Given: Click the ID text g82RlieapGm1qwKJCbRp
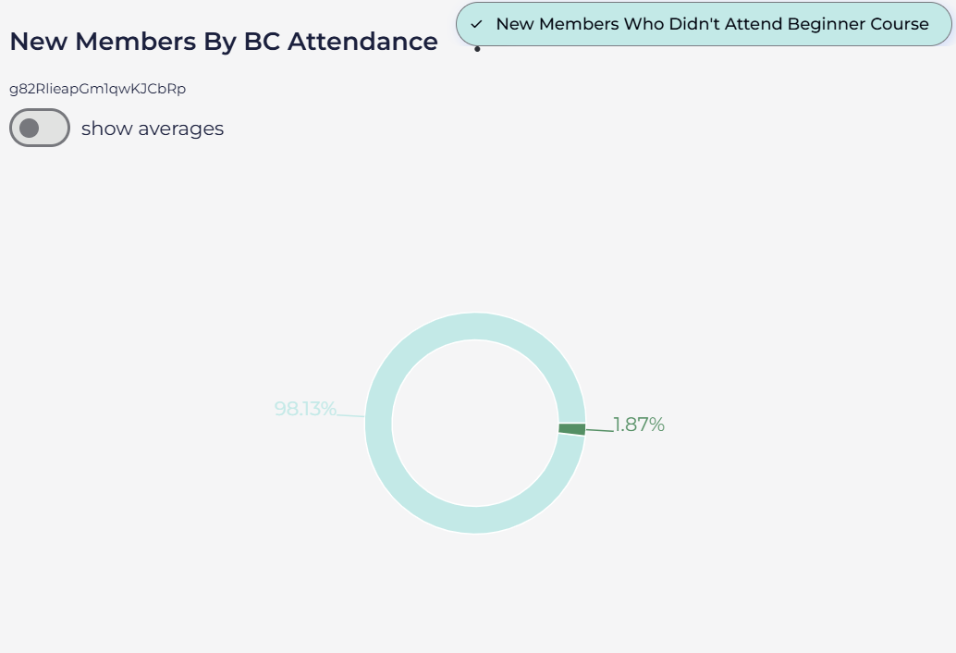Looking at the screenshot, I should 97,89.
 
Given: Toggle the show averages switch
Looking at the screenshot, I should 40,128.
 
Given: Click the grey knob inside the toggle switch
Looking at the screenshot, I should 30,128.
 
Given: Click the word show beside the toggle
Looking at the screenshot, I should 106,129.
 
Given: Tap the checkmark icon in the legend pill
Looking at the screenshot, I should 476,24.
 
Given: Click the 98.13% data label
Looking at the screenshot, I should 305,409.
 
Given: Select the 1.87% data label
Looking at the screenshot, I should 639,425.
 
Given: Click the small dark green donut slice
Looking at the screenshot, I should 571,428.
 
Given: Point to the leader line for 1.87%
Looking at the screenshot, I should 599,429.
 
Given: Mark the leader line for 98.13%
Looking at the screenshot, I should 351,415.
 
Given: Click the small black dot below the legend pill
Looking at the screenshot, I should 477,48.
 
